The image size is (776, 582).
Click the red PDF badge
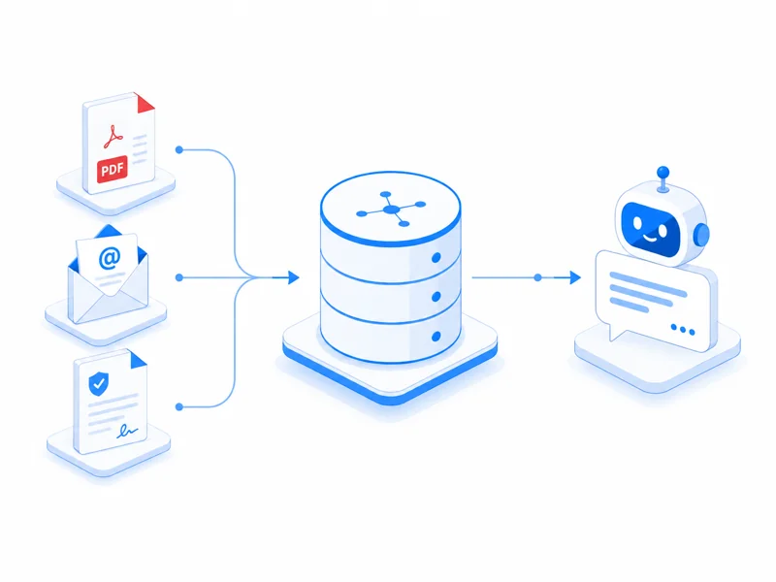[x=112, y=169]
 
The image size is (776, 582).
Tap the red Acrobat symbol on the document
[x=113, y=137]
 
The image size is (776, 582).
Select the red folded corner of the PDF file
[x=145, y=103]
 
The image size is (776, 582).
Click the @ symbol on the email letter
[x=110, y=258]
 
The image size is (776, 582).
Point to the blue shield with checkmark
[x=98, y=383]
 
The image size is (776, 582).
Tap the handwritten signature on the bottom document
[x=127, y=431]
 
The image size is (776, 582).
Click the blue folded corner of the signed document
[x=138, y=359]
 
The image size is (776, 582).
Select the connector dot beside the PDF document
[x=179, y=149]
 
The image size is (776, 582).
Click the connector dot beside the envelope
[x=179, y=277]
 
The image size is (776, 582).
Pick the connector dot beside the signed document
[x=179, y=406]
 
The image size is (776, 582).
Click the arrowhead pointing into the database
[x=294, y=277]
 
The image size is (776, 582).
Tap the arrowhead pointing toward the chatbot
[x=575, y=277]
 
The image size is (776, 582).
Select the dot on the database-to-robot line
[x=537, y=277]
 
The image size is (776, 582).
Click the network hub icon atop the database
[x=391, y=210]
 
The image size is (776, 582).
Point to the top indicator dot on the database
[x=436, y=257]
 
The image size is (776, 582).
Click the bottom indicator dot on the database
[x=436, y=337]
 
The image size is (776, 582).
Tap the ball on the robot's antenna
[x=663, y=173]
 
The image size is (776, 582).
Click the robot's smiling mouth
[x=650, y=238]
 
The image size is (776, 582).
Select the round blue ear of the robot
[x=701, y=235]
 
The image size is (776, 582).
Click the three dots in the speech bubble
[x=683, y=330]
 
